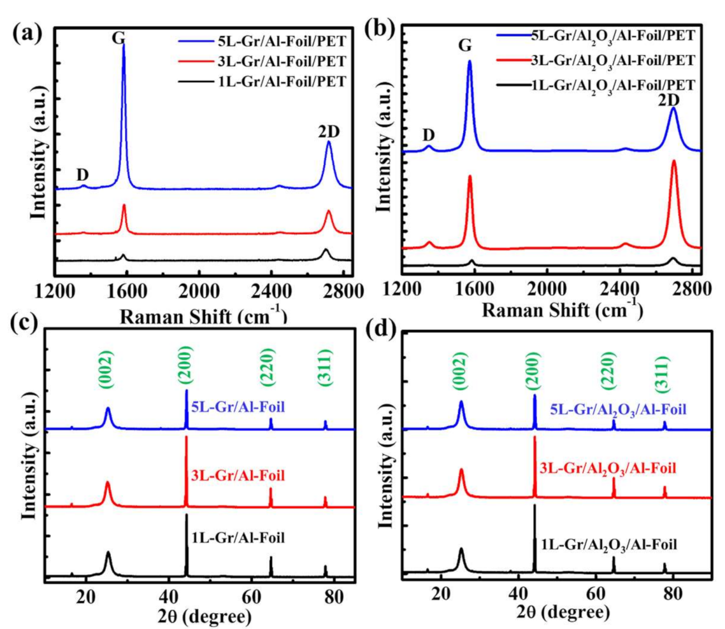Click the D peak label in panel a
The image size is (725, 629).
click(82, 174)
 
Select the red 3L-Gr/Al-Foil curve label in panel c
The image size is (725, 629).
click(237, 475)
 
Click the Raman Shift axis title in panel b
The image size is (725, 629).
click(561, 310)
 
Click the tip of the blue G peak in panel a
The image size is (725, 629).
click(123, 43)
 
